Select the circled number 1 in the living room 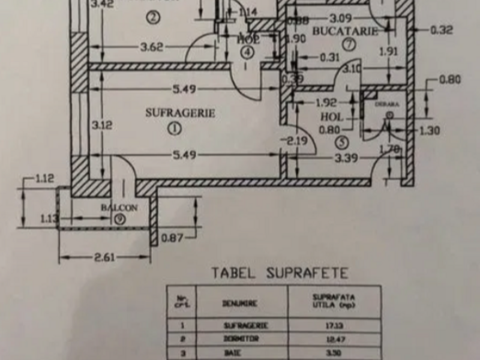[174, 127]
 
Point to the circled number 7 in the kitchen [349, 44]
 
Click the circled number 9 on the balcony [121, 218]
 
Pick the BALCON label [119, 208]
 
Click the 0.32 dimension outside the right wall [442, 31]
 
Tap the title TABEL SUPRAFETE [279, 274]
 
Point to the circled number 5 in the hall [341, 142]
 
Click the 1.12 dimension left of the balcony [45, 178]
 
